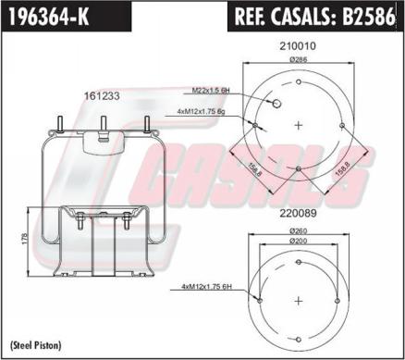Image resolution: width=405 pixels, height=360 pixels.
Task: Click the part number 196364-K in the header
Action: pos(49,17)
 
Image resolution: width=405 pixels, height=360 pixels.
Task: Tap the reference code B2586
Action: pos(369,17)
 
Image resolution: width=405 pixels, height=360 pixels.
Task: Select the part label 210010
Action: pos(298,46)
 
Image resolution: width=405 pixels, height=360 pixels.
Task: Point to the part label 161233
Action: pos(102,96)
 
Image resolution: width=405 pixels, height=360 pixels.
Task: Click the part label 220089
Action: pos(298,213)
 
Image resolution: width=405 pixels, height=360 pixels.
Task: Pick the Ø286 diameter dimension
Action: pos(299,60)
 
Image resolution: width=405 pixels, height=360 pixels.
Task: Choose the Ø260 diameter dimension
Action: pos(299,230)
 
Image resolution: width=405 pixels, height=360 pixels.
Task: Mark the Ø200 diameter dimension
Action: pos(299,241)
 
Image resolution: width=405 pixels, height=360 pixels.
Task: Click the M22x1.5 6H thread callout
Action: pos(211,91)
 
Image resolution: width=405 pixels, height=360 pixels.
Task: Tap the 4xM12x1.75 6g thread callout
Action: pos(201,112)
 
